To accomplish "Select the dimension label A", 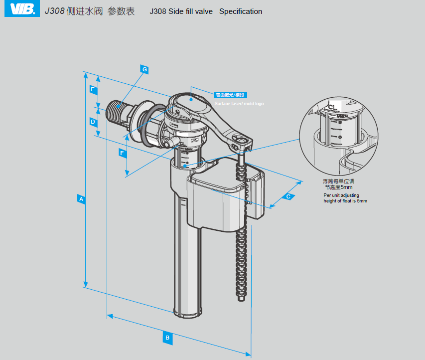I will coord(82,199).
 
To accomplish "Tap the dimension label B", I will coord(168,338).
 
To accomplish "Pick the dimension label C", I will coord(288,196).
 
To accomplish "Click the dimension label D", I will coord(93,121).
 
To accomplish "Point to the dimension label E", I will coord(93,89).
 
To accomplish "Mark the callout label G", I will coord(144,70).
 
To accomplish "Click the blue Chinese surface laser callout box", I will coord(230,95).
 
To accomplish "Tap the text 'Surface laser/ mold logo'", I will coord(239,104).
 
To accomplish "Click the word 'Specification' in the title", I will coord(241,11).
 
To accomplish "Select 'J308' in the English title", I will coord(158,11).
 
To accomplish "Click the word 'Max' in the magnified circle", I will coord(342,116).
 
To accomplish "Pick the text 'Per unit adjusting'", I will coord(341,195).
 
